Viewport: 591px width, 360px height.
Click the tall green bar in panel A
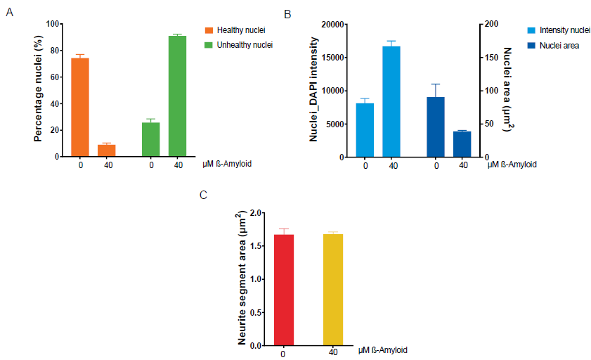[x=177, y=96]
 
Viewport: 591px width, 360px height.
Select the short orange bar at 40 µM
[x=106, y=150]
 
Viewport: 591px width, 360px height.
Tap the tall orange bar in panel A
[x=80, y=108]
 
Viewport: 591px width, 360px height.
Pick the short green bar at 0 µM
[x=151, y=139]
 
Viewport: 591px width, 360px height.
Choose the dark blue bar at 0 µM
[x=436, y=127]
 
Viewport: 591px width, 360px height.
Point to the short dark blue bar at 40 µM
[x=462, y=144]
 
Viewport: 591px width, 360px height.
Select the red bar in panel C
[x=283, y=290]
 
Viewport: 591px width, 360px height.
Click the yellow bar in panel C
[x=333, y=290]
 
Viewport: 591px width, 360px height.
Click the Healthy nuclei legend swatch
[x=207, y=30]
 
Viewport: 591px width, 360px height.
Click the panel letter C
[x=203, y=194]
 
